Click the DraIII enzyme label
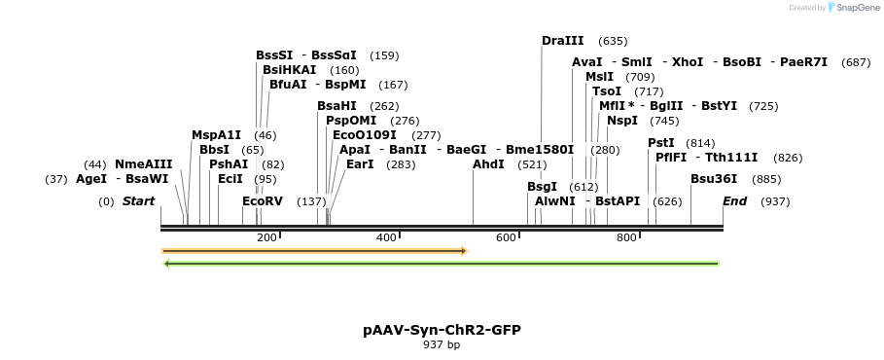(562, 41)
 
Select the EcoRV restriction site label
(263, 201)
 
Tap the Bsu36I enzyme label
(714, 179)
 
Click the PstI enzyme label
(661, 143)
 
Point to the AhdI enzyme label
(488, 164)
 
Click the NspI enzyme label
(622, 121)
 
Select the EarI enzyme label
(360, 164)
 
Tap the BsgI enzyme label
(543, 187)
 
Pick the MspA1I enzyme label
(216, 135)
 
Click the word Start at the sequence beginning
(138, 201)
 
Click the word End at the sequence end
(734, 201)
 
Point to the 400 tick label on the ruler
(386, 238)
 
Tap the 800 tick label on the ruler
(626, 238)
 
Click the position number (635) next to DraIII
(613, 41)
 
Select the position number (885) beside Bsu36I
(766, 179)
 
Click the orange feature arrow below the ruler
(314, 251)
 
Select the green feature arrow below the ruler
(441, 264)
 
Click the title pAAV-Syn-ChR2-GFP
(442, 330)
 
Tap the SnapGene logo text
(853, 8)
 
